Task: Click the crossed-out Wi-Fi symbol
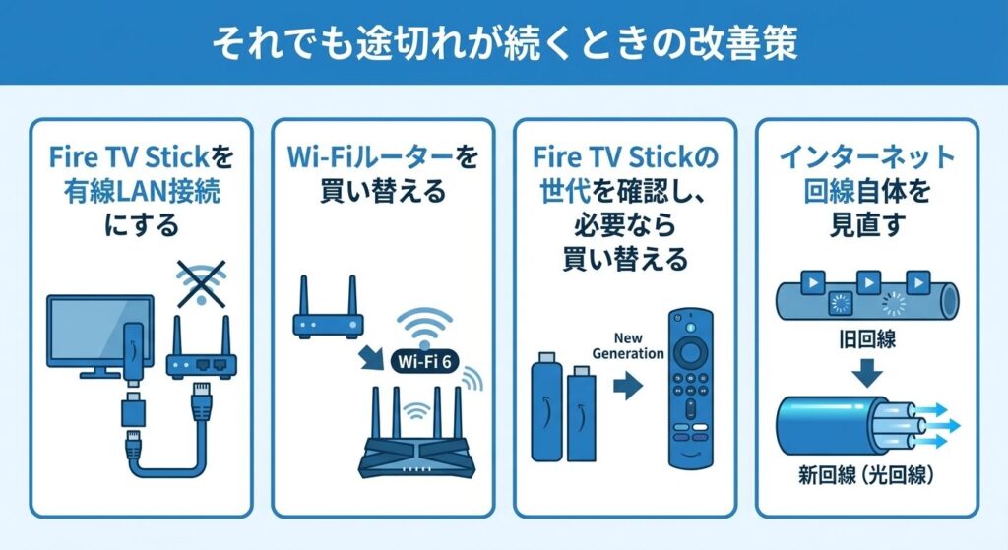click(x=201, y=283)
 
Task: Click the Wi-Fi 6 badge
click(x=424, y=361)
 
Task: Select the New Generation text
click(x=628, y=345)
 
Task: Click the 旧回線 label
click(x=867, y=338)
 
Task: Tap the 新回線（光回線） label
click(x=866, y=475)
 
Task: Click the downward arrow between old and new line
click(x=867, y=373)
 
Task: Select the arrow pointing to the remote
click(x=628, y=386)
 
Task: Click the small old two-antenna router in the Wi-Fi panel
click(x=328, y=309)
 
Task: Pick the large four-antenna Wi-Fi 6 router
click(x=417, y=434)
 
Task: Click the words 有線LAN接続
click(x=142, y=192)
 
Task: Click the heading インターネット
click(x=867, y=156)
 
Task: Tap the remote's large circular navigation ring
click(x=690, y=352)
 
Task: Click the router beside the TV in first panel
click(x=201, y=348)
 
